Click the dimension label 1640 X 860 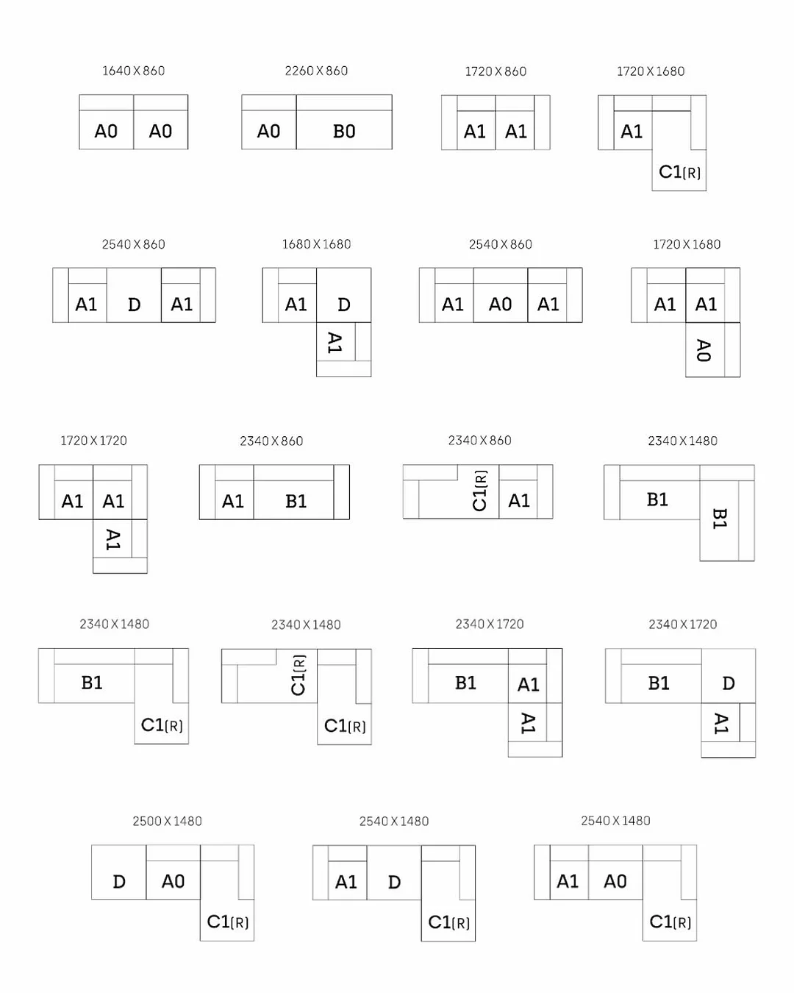133,71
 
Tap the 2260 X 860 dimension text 316,71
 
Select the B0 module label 344,132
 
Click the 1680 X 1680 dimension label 316,244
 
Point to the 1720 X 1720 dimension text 93,441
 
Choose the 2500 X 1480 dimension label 167,821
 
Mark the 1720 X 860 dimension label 496,71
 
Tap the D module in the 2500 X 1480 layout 119,882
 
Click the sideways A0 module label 704,350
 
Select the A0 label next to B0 268,132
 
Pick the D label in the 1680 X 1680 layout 344,305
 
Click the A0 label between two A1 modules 500,304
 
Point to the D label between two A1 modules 135,305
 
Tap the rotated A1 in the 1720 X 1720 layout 113,539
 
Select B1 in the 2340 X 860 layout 296,501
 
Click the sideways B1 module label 720,518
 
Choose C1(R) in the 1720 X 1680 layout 679,172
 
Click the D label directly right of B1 729,683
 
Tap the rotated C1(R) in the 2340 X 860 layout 480,491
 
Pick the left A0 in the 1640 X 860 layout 106,132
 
